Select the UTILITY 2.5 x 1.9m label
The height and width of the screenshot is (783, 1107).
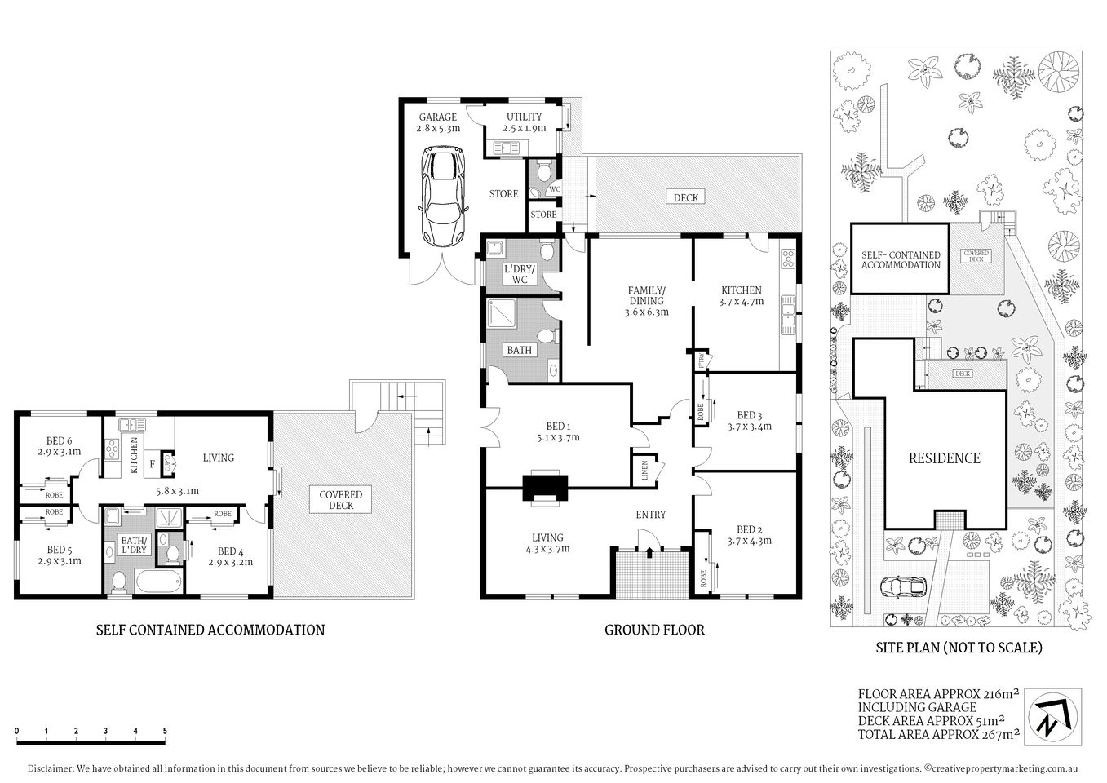click(524, 122)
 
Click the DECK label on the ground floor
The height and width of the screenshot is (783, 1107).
click(686, 197)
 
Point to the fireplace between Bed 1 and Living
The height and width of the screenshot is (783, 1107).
click(545, 487)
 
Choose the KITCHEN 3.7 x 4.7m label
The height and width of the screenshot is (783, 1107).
click(741, 295)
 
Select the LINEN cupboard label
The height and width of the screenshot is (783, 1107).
click(644, 471)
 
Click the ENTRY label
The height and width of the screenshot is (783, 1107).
click(650, 515)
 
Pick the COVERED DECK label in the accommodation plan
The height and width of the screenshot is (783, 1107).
click(340, 501)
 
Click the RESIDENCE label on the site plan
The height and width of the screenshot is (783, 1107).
click(944, 458)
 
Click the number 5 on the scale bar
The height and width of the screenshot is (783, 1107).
click(166, 731)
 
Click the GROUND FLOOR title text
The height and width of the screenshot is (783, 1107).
click(653, 630)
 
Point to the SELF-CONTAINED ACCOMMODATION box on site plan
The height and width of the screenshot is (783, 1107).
click(900, 259)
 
